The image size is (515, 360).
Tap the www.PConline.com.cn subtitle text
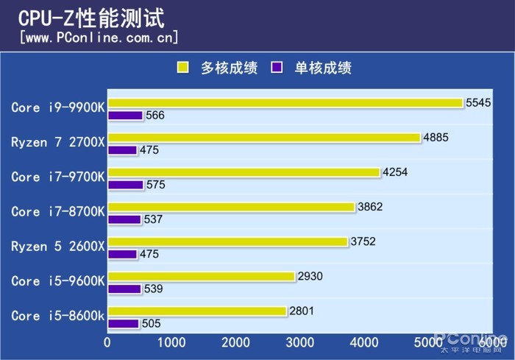coord(99,38)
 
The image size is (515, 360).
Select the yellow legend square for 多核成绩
coord(182,68)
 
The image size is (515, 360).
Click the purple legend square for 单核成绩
coord(277,68)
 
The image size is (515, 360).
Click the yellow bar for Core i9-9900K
coord(285,103)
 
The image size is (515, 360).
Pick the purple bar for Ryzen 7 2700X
coord(122,150)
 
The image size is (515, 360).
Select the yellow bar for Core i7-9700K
coord(244,172)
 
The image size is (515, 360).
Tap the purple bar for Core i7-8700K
coord(124,219)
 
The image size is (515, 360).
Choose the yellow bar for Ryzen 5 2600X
coord(227,241)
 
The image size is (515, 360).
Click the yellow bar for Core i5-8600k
coord(196,311)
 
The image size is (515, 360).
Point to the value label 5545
coord(478,102)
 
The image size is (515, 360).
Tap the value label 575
coord(156,185)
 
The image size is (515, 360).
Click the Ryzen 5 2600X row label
coord(58,246)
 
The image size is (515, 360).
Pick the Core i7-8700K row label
coord(58,211)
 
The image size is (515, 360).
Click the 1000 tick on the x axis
coord(171,342)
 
